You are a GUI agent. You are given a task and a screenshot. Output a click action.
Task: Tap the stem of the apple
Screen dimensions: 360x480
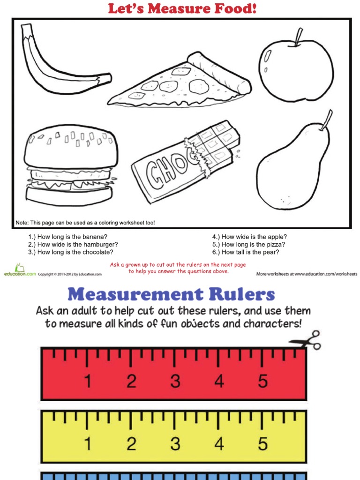[x=299, y=37]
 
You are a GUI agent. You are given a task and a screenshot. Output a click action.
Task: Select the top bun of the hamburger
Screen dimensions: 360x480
[x=71, y=146]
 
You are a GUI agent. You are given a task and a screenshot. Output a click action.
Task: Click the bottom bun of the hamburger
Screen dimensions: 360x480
[x=69, y=195]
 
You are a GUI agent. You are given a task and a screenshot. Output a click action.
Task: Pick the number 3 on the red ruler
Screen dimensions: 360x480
[x=175, y=381]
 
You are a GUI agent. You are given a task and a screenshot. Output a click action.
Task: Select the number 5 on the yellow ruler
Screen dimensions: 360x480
[x=262, y=443]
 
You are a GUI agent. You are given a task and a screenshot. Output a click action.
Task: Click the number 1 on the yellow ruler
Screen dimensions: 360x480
[x=88, y=443]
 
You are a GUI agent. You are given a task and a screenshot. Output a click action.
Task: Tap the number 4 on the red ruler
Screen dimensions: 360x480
[x=219, y=381]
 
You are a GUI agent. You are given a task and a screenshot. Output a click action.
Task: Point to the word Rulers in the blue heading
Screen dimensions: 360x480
[x=242, y=294]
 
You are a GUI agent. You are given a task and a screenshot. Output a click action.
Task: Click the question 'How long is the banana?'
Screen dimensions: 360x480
[x=67, y=237]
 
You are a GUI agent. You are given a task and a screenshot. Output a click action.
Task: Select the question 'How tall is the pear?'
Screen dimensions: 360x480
[x=246, y=252]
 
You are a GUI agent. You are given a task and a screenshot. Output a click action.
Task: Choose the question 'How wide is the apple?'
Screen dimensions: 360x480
[x=249, y=237]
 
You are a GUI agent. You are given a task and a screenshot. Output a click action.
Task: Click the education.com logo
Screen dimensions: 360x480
[x=20, y=270]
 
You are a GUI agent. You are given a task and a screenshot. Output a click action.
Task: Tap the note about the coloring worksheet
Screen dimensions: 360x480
[x=85, y=223]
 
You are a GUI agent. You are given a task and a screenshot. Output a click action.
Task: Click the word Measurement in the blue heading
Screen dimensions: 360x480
[x=135, y=294]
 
